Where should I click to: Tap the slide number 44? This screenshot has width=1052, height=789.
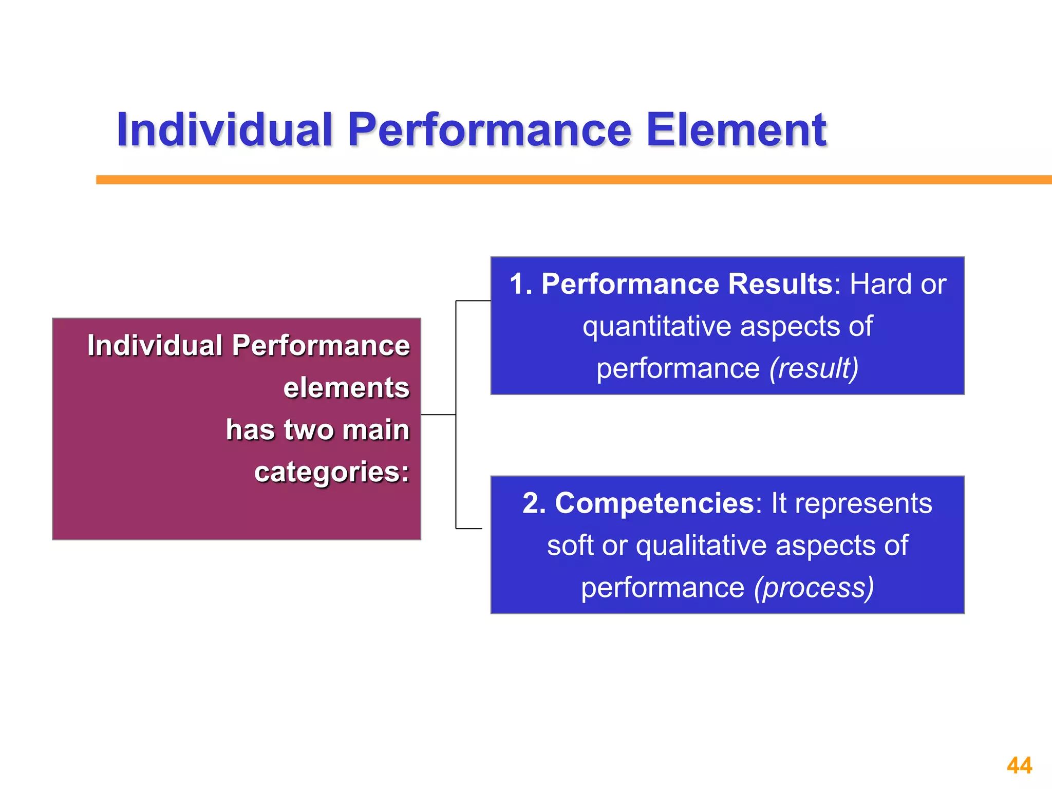[x=1019, y=766]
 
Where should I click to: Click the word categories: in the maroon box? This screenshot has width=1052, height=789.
[x=331, y=472]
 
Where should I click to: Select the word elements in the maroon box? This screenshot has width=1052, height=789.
[x=346, y=387]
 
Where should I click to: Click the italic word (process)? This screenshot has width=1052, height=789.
[x=814, y=587]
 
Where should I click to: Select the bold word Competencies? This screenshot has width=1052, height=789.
[x=654, y=503]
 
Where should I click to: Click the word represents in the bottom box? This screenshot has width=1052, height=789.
[x=863, y=503]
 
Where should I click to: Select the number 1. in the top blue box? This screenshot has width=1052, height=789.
[x=521, y=284]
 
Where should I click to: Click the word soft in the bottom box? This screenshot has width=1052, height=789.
[x=570, y=545]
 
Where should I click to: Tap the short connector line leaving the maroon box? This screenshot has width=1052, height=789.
[x=438, y=415]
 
